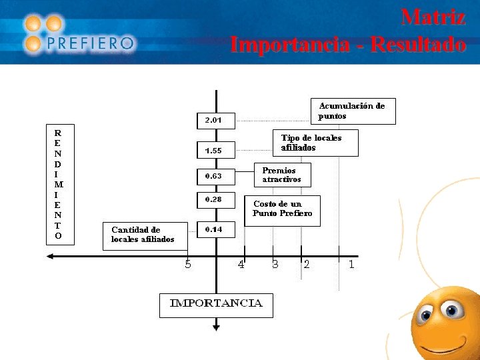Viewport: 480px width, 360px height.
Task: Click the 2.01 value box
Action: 215,121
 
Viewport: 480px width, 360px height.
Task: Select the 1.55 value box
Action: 215,151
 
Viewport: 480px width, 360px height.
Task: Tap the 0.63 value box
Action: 215,177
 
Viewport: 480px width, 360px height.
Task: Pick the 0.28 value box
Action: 215,199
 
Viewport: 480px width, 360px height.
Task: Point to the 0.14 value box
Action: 215,229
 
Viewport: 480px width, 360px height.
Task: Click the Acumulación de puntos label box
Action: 353,111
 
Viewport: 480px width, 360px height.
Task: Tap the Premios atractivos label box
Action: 283,175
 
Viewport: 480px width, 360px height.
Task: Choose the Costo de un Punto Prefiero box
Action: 283,210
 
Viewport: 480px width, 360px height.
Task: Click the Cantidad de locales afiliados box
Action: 145,235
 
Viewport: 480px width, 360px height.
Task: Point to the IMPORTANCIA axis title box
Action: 216,304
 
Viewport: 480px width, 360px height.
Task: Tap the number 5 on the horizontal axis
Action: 188,264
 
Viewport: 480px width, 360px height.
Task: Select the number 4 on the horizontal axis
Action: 241,264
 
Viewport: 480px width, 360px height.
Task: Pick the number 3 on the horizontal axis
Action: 275,264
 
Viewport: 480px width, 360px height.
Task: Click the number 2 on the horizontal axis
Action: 307,264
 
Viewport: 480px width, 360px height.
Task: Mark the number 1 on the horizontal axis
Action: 351,264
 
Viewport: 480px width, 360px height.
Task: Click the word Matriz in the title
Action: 433,17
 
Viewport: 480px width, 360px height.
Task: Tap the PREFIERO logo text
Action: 91,44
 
